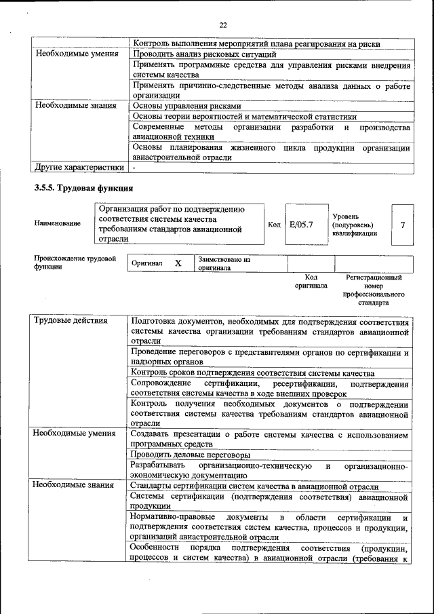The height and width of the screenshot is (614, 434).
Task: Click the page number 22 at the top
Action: point(222,25)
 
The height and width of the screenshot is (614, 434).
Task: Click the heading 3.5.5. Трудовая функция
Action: point(83,187)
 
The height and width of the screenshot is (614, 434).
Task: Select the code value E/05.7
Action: point(300,224)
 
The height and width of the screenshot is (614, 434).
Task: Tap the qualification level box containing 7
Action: point(402,224)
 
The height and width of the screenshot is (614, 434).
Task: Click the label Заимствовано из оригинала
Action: point(224,263)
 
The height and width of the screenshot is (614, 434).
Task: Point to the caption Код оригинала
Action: point(311,282)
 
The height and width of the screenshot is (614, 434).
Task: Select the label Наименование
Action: point(57,223)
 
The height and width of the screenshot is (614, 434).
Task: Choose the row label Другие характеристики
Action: point(79,166)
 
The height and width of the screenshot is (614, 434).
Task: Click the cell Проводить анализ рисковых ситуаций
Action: point(204,54)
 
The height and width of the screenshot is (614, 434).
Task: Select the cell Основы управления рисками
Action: point(186,106)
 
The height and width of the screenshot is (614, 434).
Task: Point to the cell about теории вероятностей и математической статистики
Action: point(244,117)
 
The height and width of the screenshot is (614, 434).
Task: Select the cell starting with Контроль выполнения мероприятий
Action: point(256,43)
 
